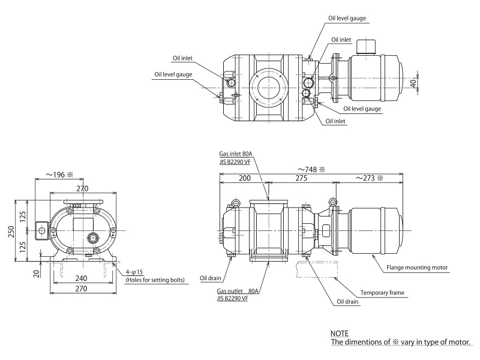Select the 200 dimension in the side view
[245, 179]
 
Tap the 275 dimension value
[301, 179]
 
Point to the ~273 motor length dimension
[369, 179]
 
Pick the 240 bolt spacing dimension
[82, 278]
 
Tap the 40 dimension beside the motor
[413, 83]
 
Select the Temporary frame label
[382, 293]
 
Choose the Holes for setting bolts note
[154, 280]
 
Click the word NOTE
[339, 333]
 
